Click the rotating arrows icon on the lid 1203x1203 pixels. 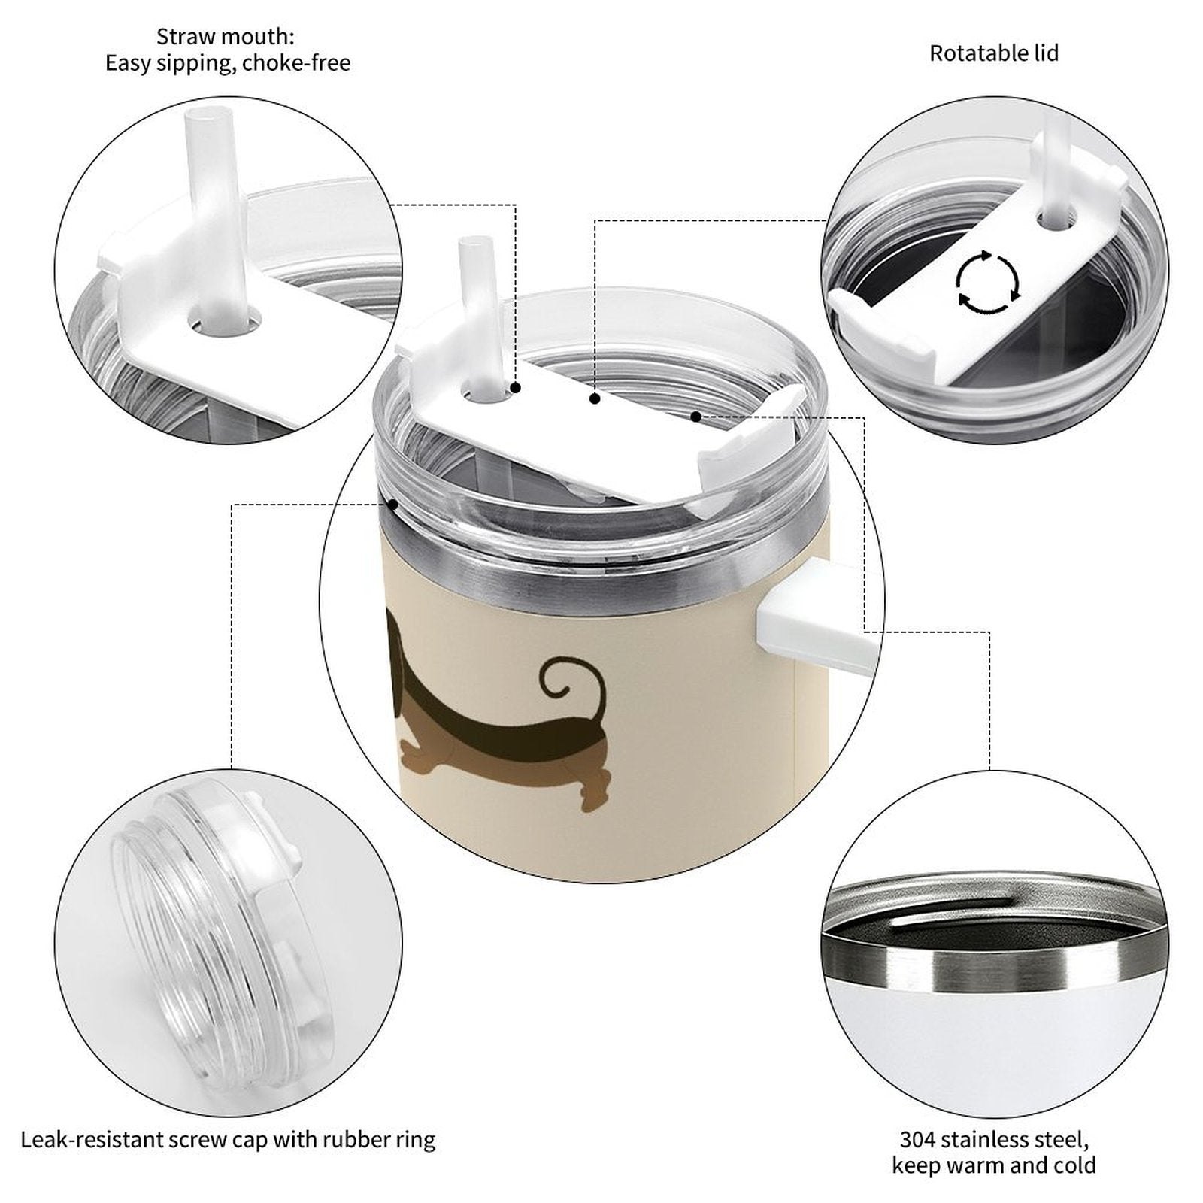click(x=987, y=283)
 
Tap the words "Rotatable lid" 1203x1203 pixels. click(x=994, y=53)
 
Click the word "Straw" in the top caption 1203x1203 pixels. click(x=186, y=36)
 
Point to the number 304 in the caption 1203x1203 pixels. click(x=917, y=1140)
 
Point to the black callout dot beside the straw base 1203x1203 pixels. click(x=516, y=388)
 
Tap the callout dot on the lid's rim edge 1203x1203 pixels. click(x=393, y=504)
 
